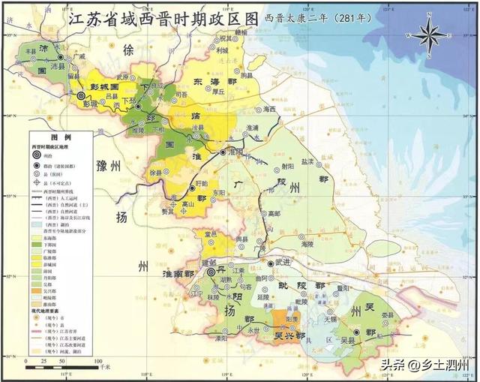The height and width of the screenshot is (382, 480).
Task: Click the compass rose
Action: point(427,35)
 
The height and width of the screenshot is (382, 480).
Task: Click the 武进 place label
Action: point(282,261)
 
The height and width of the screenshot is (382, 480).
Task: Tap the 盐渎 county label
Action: point(308,161)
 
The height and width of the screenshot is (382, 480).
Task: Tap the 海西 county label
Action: point(270,110)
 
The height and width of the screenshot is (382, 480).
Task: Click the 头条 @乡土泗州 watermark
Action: point(424,365)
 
